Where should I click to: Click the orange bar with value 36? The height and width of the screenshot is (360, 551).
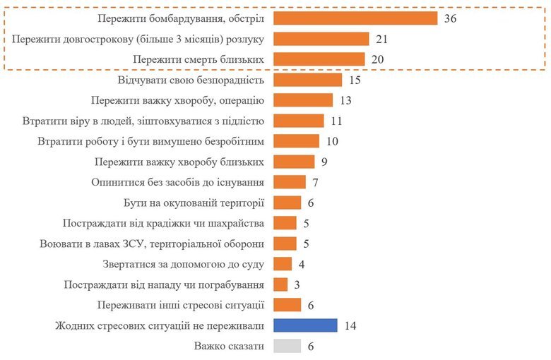(355, 18)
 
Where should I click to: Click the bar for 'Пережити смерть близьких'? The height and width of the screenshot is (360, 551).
(319, 59)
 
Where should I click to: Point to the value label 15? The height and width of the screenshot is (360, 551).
(355, 80)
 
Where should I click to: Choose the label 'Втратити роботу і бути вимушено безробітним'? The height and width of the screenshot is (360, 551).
(150, 141)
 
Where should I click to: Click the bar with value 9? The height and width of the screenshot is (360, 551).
(293, 162)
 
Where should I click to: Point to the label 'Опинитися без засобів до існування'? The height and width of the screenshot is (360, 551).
(178, 182)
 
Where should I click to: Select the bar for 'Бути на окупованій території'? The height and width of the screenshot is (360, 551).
(287, 203)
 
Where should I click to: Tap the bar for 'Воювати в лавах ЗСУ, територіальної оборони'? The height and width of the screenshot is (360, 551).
(284, 244)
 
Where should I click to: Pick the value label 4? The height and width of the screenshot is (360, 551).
(301, 264)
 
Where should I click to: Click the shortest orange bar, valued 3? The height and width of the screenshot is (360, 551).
(280, 284)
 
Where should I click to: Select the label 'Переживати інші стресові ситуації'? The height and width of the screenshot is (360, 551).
(181, 305)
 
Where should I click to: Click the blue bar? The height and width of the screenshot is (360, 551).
(304, 325)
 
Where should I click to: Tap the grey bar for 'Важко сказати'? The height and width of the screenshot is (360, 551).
(287, 346)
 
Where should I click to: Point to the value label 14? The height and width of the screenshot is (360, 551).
(349, 325)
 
